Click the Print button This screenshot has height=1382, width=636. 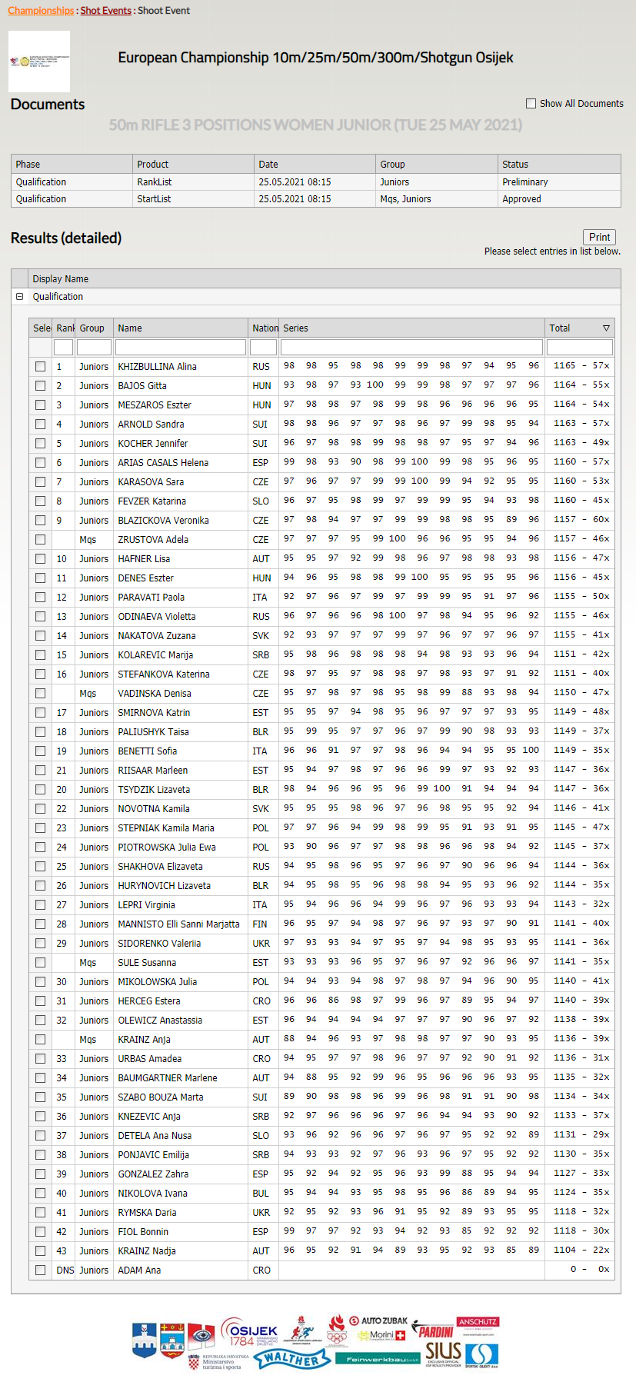599,238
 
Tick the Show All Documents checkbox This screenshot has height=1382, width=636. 531,103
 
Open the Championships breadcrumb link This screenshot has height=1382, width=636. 41,11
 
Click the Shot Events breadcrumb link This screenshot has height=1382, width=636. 105,11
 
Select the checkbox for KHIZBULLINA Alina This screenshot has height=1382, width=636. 40,367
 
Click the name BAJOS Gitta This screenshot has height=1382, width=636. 142,386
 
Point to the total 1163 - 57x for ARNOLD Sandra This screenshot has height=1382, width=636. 581,424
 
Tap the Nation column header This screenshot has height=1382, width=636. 265,328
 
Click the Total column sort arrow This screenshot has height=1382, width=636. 606,328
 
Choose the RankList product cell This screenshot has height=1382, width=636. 155,182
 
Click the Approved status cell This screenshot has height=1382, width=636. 521,199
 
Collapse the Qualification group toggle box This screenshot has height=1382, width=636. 20,297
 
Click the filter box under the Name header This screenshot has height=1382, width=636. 180,348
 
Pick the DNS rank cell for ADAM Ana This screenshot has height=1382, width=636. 65,1270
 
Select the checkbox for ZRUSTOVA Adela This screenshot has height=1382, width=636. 40,540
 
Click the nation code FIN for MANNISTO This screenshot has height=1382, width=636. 261,924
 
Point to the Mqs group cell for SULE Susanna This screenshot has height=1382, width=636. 88,963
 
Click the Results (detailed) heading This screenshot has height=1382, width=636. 66,238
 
